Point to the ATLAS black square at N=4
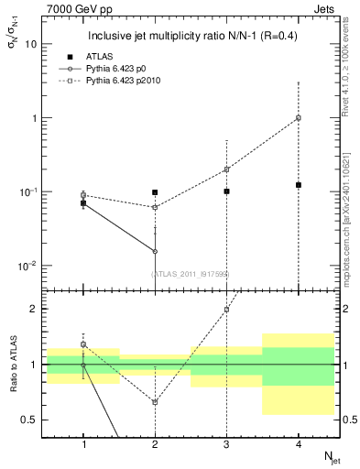click(298, 185)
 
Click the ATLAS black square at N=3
click(226, 191)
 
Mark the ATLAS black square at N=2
click(155, 192)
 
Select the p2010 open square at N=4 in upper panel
click(298, 117)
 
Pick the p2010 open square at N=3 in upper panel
click(226, 169)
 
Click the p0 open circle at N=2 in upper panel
click(155, 251)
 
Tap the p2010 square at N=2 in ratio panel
click(155, 402)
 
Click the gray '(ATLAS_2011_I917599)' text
click(191, 274)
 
